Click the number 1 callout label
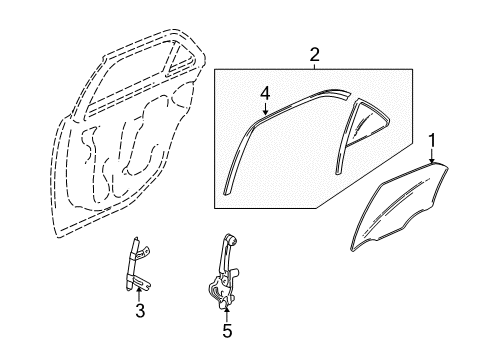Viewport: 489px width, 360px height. (432, 139)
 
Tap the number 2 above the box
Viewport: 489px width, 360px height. (314, 54)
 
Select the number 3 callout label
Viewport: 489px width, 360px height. (140, 311)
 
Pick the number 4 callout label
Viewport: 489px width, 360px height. (265, 94)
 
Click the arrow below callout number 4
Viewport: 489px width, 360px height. (265, 110)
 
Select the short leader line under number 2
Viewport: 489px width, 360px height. (314, 64)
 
